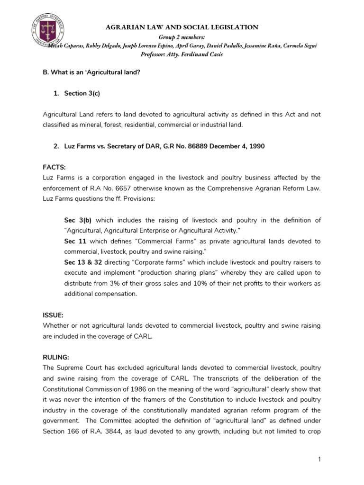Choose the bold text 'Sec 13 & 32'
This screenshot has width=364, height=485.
click(82, 262)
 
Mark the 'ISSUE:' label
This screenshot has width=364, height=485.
click(53, 314)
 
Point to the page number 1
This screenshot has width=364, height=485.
click(320, 459)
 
